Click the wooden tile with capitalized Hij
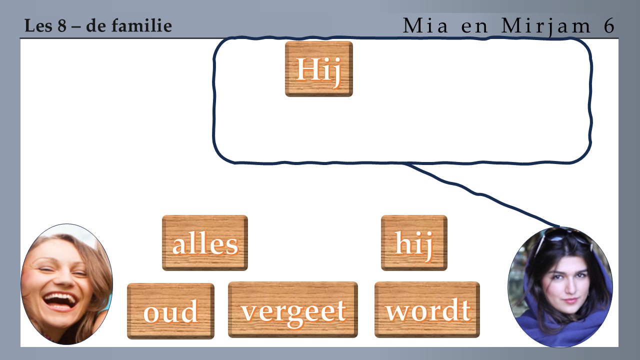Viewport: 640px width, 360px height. pyautogui.click(x=319, y=69)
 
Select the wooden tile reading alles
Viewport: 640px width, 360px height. pyautogui.click(x=205, y=243)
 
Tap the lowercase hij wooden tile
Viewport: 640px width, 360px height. pyautogui.click(x=414, y=243)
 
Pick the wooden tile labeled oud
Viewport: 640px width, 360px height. pyautogui.click(x=170, y=311)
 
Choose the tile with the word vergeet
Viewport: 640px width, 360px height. pyautogui.click(x=293, y=309)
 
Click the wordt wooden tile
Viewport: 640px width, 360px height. pyautogui.click(x=427, y=309)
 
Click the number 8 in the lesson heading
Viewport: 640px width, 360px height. pyautogui.click(x=62, y=25)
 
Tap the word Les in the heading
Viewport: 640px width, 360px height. pyautogui.click(x=39, y=25)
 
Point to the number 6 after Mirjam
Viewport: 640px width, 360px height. pyautogui.click(x=609, y=25)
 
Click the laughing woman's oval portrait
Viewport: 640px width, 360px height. pyautogui.click(x=67, y=284)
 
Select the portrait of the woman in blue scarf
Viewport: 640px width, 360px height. pyautogui.click(x=560, y=287)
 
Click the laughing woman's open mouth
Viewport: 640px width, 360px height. pyautogui.click(x=60, y=301)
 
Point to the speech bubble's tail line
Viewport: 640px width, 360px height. pyautogui.click(x=483, y=195)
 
